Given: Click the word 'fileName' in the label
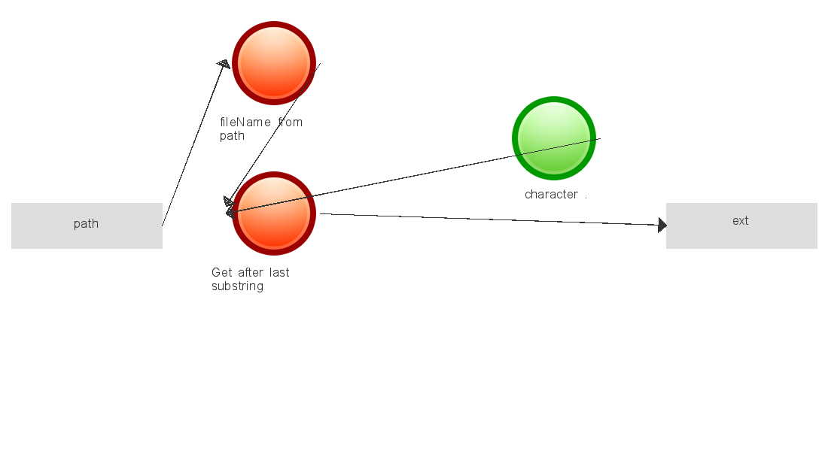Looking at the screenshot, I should click(245, 123).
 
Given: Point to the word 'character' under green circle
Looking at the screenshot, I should click(551, 195).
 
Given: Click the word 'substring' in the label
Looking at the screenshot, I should click(237, 286).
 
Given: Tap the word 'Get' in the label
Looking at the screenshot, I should click(222, 273).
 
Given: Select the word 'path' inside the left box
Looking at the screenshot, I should click(87, 224).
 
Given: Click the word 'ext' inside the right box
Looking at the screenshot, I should click(741, 221).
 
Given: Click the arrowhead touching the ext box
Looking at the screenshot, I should click(662, 225).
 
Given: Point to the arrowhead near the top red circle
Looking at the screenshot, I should click(224, 65).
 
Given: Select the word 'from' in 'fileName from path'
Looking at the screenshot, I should click(291, 123).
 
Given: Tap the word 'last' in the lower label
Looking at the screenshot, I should click(279, 273).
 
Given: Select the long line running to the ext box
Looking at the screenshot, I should click(489, 219).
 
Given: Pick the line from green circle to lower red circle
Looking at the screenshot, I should click(414, 176).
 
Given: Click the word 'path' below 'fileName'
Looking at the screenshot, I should click(232, 136).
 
